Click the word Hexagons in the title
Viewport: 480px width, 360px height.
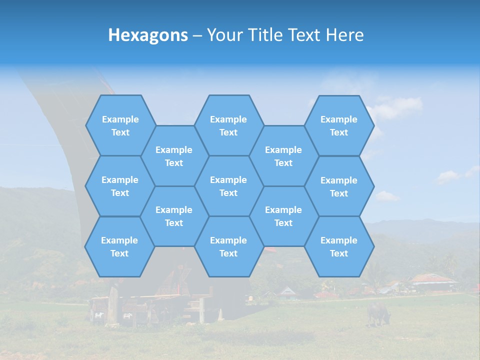(x=148, y=35)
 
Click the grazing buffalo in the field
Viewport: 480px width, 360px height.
(x=378, y=312)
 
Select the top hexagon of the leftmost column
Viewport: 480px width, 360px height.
(x=120, y=125)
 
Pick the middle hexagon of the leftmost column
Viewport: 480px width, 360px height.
(x=120, y=186)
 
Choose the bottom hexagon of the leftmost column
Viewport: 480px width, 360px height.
(x=119, y=246)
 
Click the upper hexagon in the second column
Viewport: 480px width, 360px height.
(x=174, y=156)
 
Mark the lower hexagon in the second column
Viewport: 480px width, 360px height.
(x=174, y=216)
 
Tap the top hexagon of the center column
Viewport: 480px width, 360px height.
(x=228, y=125)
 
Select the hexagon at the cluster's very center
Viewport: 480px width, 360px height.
(x=228, y=186)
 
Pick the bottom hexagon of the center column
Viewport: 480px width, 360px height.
(x=228, y=246)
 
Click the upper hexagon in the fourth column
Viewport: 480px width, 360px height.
(x=283, y=156)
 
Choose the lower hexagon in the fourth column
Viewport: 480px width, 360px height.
(x=283, y=216)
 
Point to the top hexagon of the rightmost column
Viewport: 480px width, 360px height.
(x=339, y=125)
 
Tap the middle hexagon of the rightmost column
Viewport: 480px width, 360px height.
(x=339, y=186)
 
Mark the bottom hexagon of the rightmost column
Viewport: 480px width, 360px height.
(x=339, y=246)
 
